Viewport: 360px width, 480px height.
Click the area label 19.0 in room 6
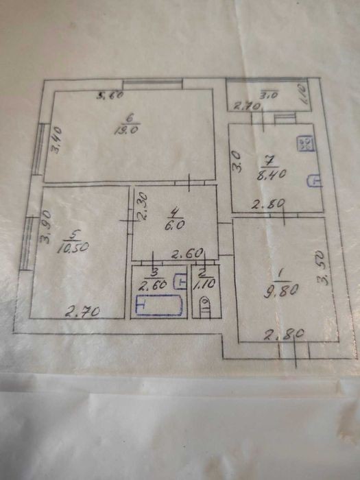click(126, 130)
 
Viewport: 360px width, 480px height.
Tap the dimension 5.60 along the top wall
click(110, 95)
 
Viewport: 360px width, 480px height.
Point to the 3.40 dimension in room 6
click(57, 140)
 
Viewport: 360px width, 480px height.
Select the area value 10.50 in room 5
click(73, 247)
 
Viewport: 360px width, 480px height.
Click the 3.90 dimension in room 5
click(46, 227)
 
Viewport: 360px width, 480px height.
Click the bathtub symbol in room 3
click(158, 305)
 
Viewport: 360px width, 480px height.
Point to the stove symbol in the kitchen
click(305, 143)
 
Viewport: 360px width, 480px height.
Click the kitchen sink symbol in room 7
click(314, 180)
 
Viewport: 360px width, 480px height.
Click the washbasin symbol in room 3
click(180, 282)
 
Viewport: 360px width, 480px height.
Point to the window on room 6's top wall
click(152, 85)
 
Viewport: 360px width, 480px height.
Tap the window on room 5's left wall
click(27, 243)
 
